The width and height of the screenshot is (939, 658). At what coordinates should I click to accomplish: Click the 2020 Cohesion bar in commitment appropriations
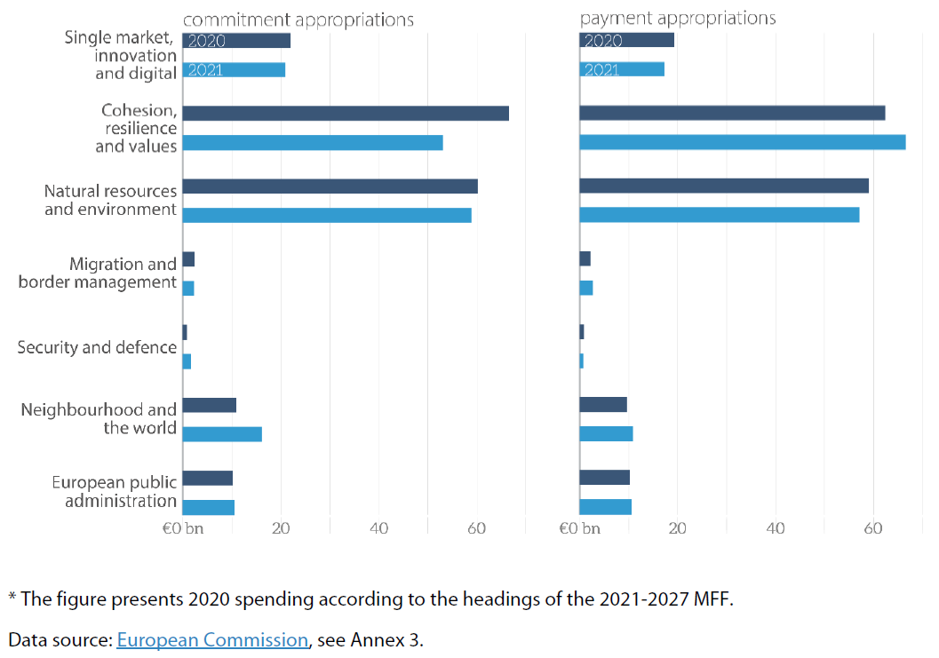tap(346, 113)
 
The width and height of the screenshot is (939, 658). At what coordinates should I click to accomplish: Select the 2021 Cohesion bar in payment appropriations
tap(742, 142)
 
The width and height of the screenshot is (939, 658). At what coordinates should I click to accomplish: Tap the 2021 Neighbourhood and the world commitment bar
tap(222, 433)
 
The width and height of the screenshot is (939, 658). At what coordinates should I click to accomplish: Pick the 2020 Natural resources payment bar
tap(723, 186)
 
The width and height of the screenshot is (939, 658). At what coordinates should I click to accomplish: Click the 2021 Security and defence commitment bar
tap(187, 361)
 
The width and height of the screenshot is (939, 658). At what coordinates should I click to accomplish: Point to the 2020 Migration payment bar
tap(585, 258)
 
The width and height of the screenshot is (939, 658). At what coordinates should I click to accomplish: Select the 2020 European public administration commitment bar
tap(208, 478)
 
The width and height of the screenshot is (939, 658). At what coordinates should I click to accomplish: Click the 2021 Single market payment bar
tap(622, 69)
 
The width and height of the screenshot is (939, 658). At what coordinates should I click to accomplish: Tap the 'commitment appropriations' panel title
tap(298, 19)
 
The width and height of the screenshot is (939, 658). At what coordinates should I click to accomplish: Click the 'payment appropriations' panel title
tap(678, 18)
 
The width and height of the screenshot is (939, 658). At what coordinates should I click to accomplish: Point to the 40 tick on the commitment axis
tap(379, 528)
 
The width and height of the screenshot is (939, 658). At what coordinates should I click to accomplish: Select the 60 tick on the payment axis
tap(872, 528)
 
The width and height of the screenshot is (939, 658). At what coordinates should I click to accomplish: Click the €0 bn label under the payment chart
tap(579, 528)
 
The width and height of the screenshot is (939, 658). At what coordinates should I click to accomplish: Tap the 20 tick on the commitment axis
tap(281, 528)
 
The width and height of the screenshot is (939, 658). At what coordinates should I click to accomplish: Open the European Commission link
tap(212, 639)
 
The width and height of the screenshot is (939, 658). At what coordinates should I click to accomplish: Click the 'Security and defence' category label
tap(97, 347)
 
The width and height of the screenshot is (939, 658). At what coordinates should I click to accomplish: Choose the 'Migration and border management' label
tap(98, 273)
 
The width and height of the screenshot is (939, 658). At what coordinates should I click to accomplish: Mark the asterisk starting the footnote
tap(12, 597)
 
